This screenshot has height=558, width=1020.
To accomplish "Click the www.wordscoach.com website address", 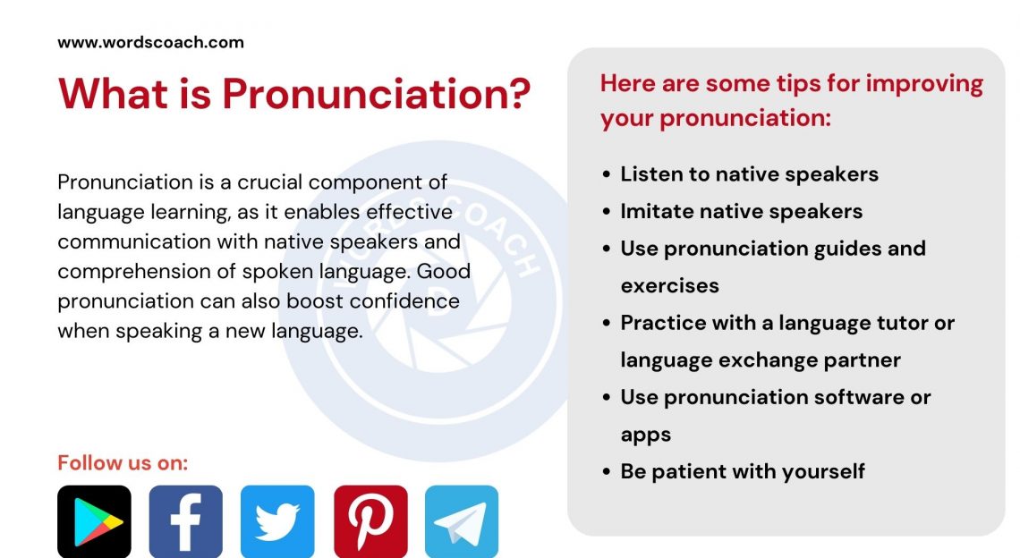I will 150,42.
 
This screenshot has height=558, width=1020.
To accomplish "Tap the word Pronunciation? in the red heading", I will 376,93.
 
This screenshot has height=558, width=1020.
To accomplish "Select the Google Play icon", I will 94,521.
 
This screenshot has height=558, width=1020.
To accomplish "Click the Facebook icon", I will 185,521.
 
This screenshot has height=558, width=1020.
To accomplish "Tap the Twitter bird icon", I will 277,521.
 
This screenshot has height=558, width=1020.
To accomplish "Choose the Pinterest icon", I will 370,521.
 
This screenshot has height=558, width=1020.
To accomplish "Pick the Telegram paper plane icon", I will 461,521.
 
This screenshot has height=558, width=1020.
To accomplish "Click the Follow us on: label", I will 123,463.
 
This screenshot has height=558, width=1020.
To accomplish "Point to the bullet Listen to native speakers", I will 749,174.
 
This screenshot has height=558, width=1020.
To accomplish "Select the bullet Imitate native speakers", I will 741,212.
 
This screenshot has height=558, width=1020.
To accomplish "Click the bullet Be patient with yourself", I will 743,471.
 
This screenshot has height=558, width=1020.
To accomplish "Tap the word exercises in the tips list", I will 669,286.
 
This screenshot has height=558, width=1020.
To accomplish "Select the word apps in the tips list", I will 645,435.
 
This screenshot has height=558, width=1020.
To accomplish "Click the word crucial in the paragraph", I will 268,182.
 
